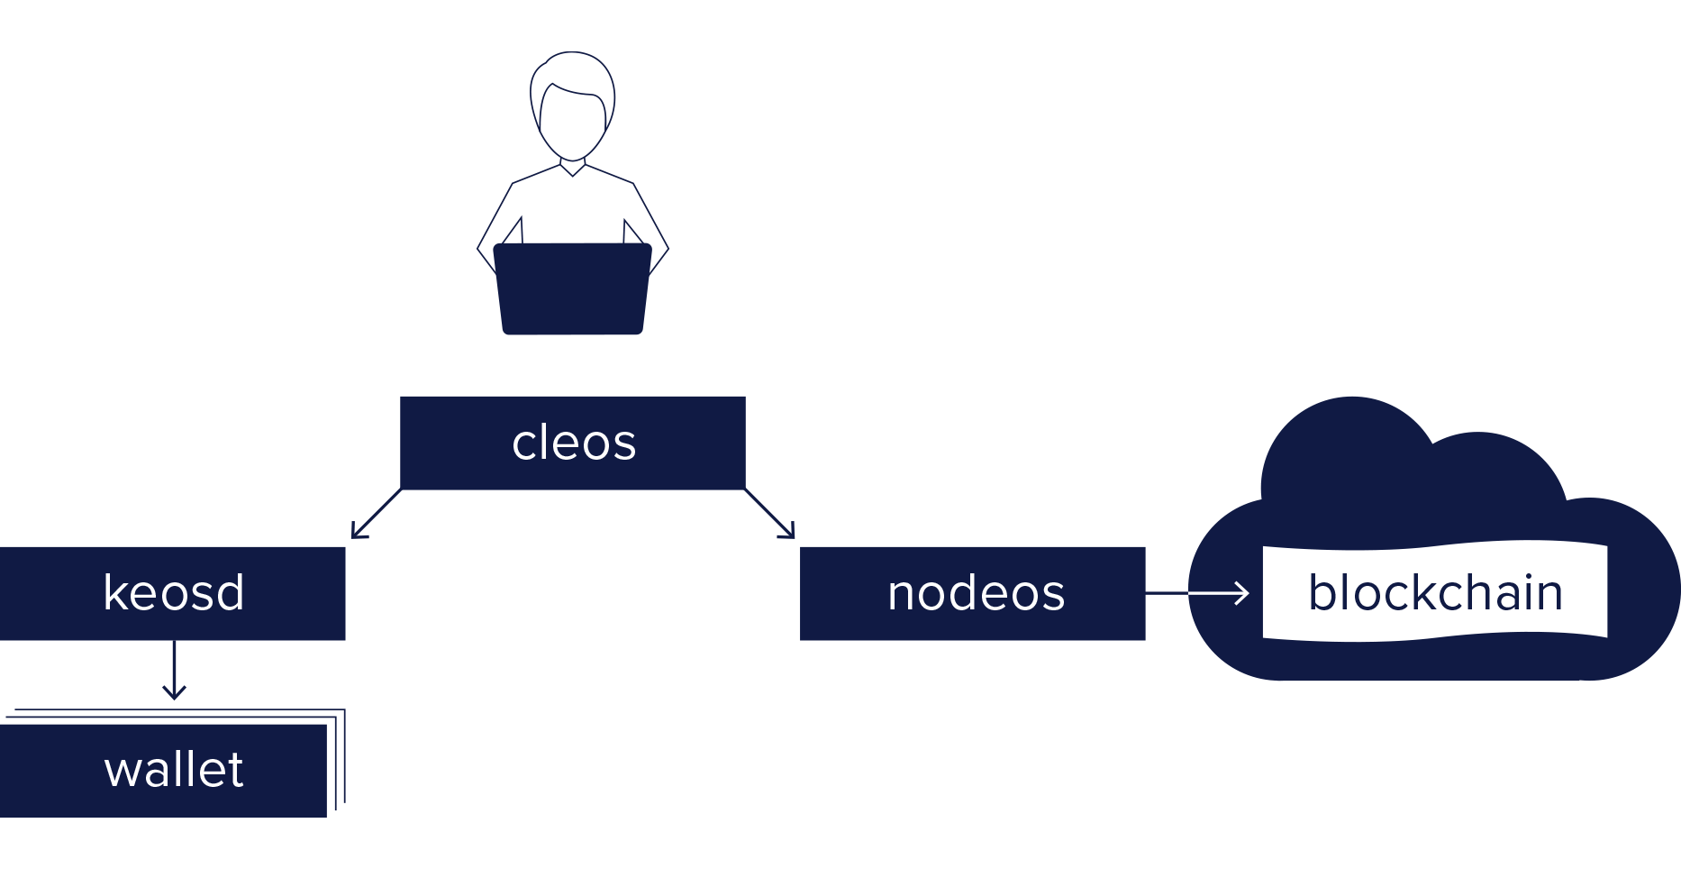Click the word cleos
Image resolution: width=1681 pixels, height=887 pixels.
point(574,443)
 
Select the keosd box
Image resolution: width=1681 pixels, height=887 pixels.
point(173,593)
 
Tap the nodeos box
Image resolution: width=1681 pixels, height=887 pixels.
point(973,593)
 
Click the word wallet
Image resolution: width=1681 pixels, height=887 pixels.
point(174,770)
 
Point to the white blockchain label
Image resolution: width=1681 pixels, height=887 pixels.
point(1435,592)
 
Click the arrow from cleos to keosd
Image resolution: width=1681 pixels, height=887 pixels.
point(375,515)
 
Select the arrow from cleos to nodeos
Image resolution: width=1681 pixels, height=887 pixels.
point(770,515)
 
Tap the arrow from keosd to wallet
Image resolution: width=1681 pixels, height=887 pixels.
point(174,672)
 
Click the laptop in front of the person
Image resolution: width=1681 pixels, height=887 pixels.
point(573,288)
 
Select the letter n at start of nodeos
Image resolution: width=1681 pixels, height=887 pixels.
point(901,595)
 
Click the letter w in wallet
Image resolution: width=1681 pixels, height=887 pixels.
point(123,773)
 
